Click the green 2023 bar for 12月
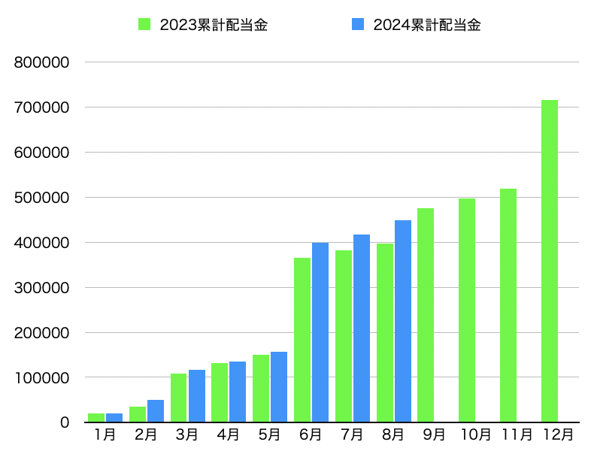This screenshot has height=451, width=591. (x=550, y=261)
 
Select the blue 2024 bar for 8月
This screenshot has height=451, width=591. (x=403, y=321)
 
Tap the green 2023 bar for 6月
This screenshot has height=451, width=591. (x=302, y=340)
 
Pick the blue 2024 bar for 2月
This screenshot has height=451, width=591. (x=156, y=411)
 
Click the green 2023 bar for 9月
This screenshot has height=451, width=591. (x=426, y=315)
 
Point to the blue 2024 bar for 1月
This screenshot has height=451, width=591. (x=114, y=418)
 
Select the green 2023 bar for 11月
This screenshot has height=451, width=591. (x=508, y=305)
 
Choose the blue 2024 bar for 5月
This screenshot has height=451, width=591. (x=279, y=387)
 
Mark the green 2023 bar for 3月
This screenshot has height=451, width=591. (x=179, y=398)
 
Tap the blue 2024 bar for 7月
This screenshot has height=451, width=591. (x=362, y=328)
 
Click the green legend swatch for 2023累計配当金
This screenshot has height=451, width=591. (x=144, y=24)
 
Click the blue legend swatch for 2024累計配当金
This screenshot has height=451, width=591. (x=358, y=24)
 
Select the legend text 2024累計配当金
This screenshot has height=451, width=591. (x=427, y=25)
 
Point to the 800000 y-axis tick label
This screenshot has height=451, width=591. (x=41, y=62)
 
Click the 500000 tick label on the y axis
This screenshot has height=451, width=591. (x=41, y=198)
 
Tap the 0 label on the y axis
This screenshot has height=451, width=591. (x=65, y=422)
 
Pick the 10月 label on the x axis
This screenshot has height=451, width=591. (x=476, y=434)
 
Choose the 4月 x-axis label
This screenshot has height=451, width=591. (x=228, y=434)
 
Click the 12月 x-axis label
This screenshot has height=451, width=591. (x=558, y=434)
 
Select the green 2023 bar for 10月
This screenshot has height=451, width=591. (x=467, y=310)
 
